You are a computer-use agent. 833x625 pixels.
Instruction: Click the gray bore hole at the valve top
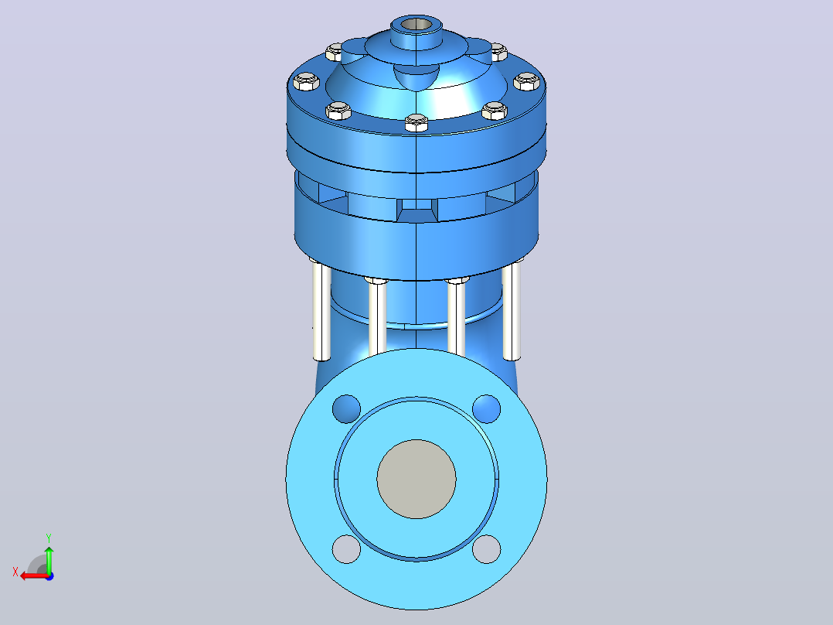point(416,25)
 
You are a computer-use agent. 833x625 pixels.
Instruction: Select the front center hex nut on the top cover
point(416,122)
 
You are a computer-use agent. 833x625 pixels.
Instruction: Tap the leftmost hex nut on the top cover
point(306,81)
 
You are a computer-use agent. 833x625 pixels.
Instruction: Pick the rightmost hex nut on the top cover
point(526,81)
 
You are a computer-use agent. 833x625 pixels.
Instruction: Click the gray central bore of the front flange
point(416,479)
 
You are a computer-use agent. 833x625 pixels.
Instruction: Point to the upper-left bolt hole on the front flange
point(346,408)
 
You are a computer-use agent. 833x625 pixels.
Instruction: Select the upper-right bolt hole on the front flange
point(486,408)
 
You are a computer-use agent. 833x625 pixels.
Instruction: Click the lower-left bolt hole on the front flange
point(346,549)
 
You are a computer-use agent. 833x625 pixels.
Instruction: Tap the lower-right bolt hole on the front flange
point(486,549)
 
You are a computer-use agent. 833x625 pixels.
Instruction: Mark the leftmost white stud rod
point(321,311)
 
